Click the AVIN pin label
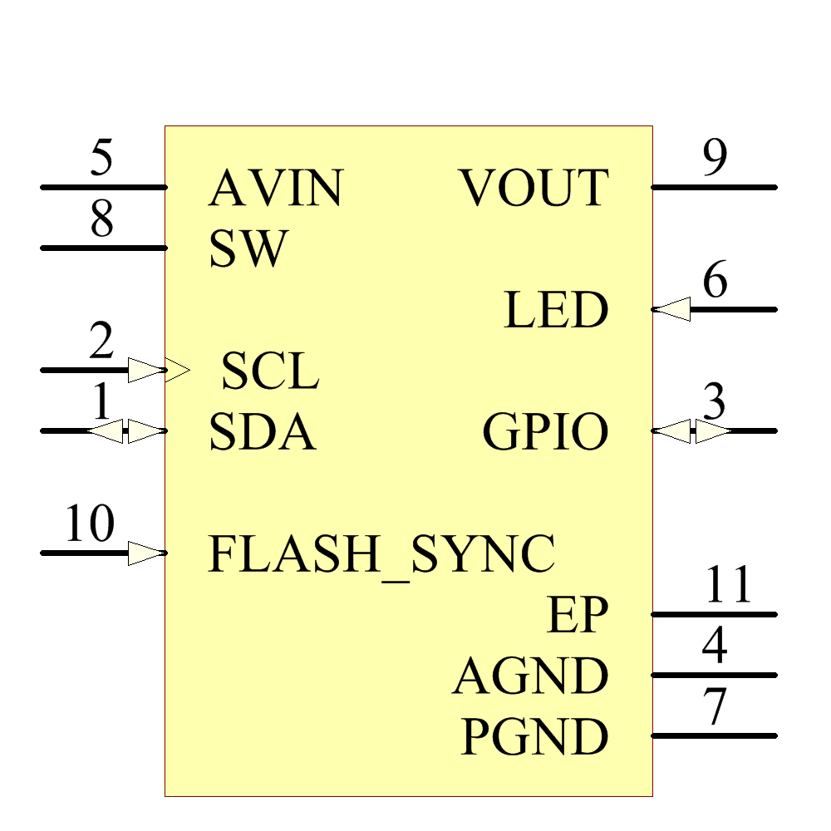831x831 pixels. point(275,188)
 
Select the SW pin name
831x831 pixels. point(248,248)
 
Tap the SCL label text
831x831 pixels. point(270,371)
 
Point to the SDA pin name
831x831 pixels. point(262,431)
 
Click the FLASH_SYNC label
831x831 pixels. point(381,553)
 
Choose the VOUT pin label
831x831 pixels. point(534,188)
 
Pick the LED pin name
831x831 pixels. point(556,310)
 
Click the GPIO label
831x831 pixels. point(545,431)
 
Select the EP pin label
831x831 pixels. point(577,615)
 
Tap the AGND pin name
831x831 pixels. point(530,676)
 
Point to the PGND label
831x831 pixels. point(534,737)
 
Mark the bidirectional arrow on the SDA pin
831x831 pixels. point(126,431)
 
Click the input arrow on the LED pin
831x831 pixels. point(671,310)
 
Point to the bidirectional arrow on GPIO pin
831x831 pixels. point(691,431)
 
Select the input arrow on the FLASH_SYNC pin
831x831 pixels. point(147,553)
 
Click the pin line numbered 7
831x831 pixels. point(715,736)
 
